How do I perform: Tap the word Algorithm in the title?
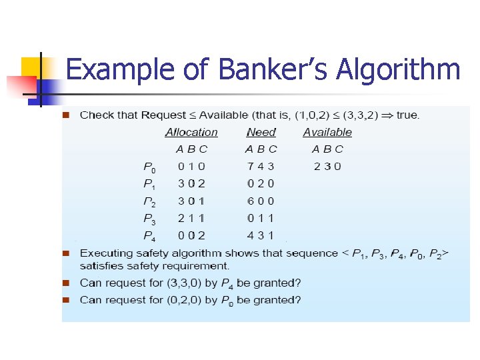coord(399,69)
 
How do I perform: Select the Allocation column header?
coord(191,132)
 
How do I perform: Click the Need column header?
coord(261,132)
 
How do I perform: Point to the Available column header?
coord(327,132)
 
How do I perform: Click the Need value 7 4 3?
coord(261,166)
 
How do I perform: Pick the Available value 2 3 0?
coord(327,166)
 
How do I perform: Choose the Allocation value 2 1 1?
coord(191,217)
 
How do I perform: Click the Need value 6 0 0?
coord(261,201)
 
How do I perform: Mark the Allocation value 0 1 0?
coord(191,166)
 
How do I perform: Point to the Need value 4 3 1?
coord(261,235)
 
